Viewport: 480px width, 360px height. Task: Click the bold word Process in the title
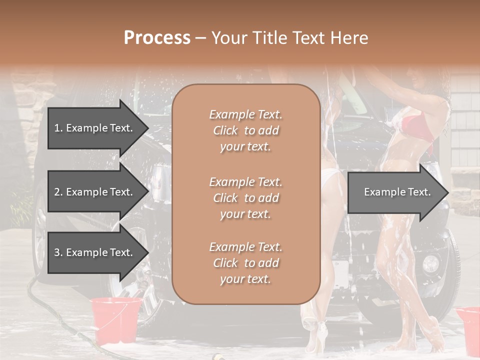157,38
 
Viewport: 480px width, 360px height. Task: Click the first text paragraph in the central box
246,130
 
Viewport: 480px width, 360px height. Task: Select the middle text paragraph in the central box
246,198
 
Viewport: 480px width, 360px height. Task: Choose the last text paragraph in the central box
246,263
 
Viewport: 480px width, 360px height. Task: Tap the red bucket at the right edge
469,327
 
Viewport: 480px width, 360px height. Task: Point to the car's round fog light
430,263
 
